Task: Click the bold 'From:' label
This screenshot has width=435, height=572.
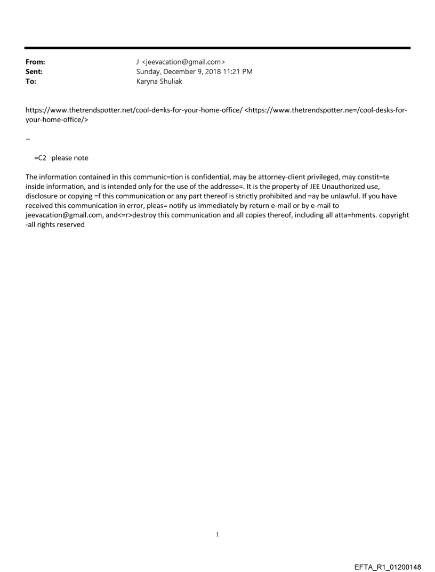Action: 35,62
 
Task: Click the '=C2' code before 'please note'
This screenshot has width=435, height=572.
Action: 40,158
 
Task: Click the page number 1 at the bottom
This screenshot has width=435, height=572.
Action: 217,534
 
